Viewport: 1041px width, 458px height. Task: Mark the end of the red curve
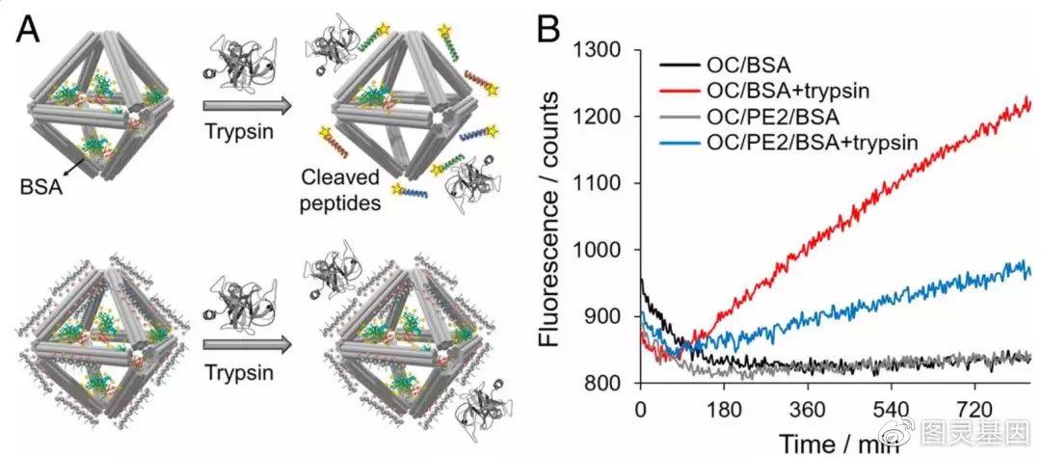coord(1030,99)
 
